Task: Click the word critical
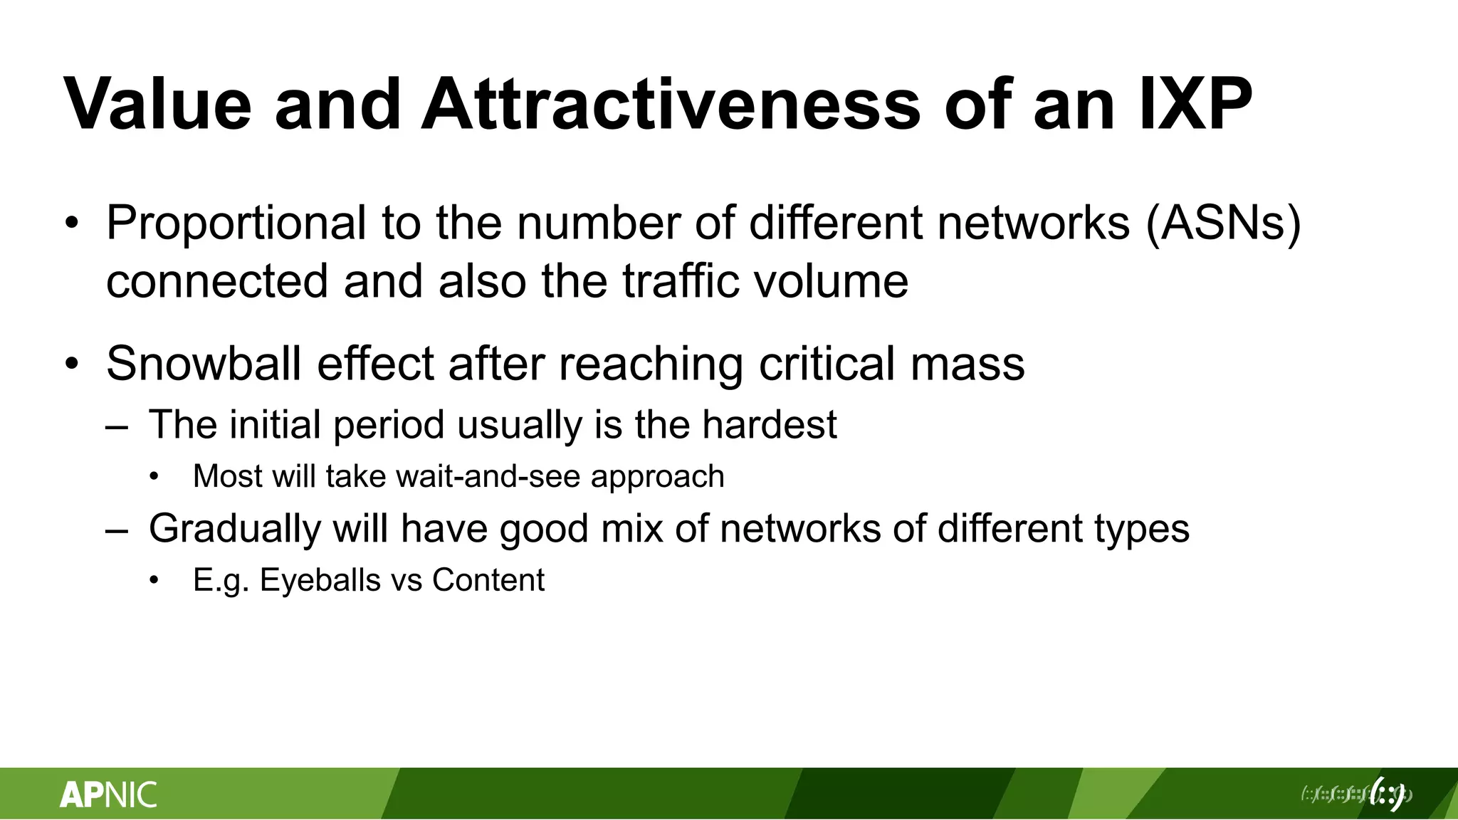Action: click(827, 364)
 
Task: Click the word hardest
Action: click(769, 425)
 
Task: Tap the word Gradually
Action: click(235, 529)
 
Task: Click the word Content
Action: click(488, 580)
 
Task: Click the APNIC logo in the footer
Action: click(108, 794)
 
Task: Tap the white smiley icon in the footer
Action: click(1386, 794)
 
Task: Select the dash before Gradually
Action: click(117, 531)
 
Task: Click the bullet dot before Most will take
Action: click(154, 477)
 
